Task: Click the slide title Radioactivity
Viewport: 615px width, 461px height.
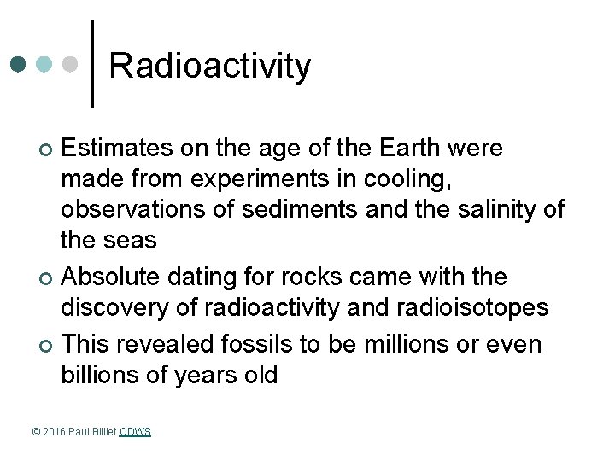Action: coord(210,67)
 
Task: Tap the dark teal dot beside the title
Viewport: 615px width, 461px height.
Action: coord(19,64)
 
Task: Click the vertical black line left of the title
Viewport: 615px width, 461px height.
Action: coord(91,64)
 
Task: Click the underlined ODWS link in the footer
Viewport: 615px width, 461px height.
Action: coord(136,432)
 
